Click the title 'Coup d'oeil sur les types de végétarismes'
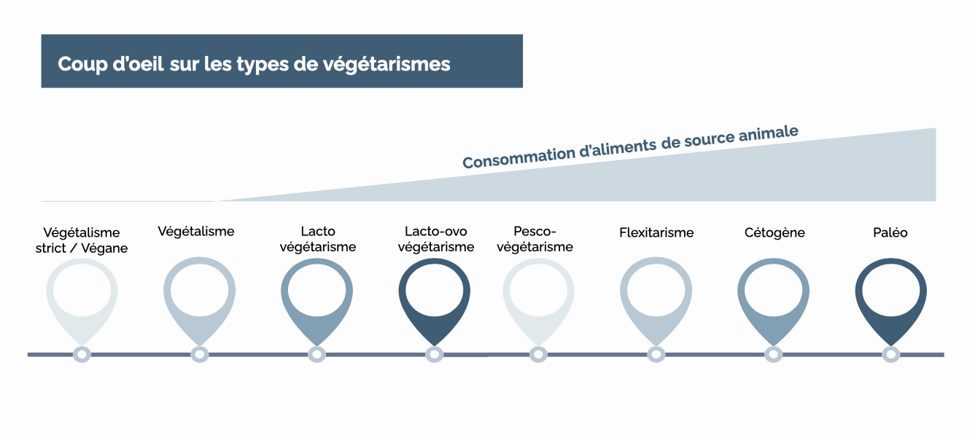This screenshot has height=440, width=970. [x=254, y=64]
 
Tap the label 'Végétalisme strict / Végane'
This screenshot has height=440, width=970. [x=82, y=240]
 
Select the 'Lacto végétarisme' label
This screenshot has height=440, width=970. [x=318, y=239]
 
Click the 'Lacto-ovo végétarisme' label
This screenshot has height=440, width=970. [x=435, y=239]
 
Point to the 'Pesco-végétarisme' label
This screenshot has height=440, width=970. [x=535, y=239]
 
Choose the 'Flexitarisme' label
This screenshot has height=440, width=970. [x=656, y=233]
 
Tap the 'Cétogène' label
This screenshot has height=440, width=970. [x=775, y=233]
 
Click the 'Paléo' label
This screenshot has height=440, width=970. [x=891, y=233]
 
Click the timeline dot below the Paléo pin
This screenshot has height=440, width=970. [x=891, y=355]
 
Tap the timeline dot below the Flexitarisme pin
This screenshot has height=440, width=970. [x=656, y=355]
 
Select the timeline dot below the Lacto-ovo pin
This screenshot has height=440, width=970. [x=434, y=355]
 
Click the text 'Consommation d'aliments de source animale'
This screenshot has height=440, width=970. [x=630, y=147]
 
